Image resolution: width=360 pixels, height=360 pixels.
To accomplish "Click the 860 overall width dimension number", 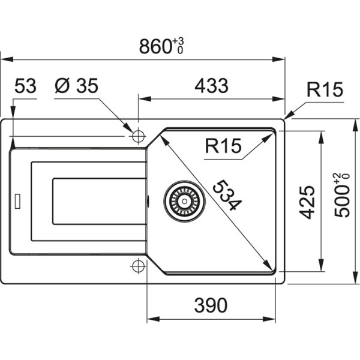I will pyautogui.click(x=155, y=46).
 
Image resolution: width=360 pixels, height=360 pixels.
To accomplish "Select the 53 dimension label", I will pyautogui.click(x=25, y=86).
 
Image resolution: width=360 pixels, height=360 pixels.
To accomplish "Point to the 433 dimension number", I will pyautogui.click(x=211, y=86).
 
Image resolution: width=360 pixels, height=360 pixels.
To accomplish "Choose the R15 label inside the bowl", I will pyautogui.click(x=222, y=146).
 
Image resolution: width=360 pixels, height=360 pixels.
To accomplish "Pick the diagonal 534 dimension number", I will pyautogui.click(x=226, y=195).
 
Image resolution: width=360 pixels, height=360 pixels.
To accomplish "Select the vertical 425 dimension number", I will pyautogui.click(x=307, y=202).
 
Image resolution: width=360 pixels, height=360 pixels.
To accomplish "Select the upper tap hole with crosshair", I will pyautogui.click(x=138, y=136).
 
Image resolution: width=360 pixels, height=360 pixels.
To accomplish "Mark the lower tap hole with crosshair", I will pyautogui.click(x=138, y=265).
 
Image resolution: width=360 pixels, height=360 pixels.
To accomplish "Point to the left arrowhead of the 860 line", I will pyautogui.click(x=5, y=59).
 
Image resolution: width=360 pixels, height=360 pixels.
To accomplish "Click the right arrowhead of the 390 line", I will pyautogui.click(x=280, y=319).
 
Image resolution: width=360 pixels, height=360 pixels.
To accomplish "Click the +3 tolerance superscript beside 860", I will pyautogui.click(x=178, y=41).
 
